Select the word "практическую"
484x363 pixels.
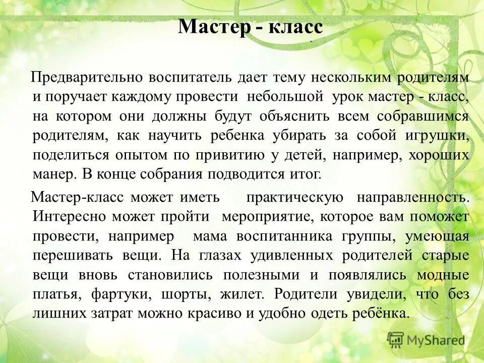click(295, 198)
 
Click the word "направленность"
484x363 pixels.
click(413, 198)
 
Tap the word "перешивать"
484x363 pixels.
click(72, 256)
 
